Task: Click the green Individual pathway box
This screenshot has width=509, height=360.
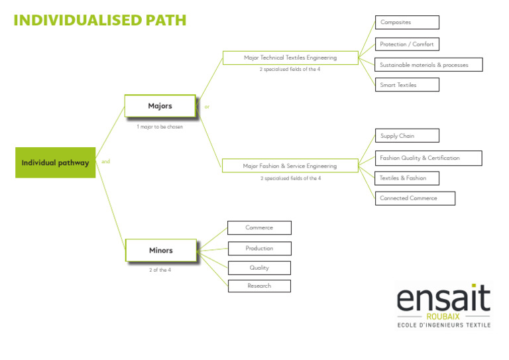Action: (56, 162)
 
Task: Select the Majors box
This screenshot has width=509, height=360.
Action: (160, 106)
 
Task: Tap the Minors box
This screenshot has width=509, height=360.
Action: (160, 250)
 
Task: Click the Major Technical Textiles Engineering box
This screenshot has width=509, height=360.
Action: (290, 58)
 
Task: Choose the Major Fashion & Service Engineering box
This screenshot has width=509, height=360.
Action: (290, 166)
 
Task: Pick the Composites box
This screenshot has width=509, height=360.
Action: (407, 23)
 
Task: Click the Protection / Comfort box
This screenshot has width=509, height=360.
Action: (407, 44)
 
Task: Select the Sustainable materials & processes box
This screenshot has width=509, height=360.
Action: (428, 65)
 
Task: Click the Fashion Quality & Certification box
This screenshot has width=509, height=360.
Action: (428, 158)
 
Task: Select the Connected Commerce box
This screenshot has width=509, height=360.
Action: (415, 198)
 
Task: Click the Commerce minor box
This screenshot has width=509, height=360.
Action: (259, 227)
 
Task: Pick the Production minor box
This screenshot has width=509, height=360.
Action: (259, 248)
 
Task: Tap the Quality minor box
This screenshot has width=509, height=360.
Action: (259, 268)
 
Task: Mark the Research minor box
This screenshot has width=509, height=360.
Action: (259, 286)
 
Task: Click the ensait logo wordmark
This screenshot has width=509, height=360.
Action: (443, 299)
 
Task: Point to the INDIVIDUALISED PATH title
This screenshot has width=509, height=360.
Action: (100, 20)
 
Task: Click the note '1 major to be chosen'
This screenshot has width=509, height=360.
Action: (160, 127)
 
